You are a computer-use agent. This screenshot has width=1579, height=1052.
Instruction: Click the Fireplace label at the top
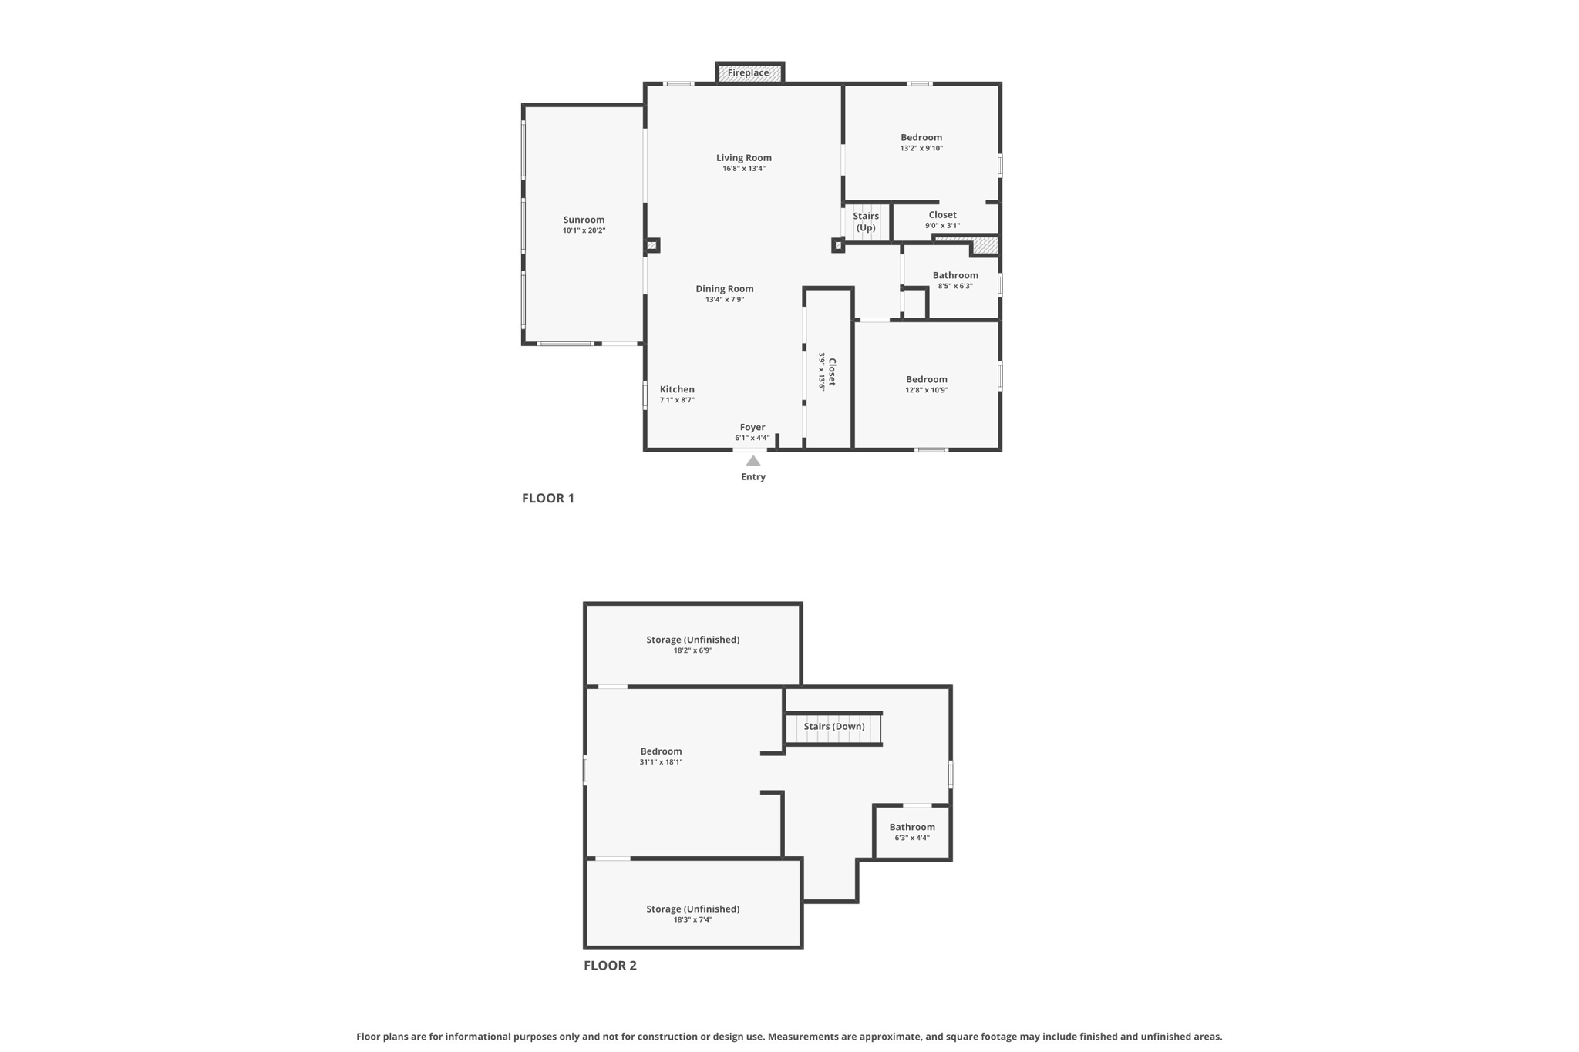[748, 73]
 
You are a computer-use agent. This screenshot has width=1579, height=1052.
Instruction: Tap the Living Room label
[743, 158]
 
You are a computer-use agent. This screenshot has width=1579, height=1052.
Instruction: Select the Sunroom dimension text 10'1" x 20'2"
[584, 230]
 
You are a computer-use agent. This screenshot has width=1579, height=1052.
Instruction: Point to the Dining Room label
[724, 289]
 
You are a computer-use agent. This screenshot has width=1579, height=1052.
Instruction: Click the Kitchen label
[677, 389]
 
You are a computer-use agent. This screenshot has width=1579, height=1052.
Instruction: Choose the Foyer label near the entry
[752, 427]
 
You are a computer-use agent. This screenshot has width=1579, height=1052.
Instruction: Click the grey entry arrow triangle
[753, 461]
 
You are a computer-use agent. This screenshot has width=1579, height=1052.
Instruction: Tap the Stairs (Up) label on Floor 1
[866, 221]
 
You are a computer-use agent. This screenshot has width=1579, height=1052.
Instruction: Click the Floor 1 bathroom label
[954, 276]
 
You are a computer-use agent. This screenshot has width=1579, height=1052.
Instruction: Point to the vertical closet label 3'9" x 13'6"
[827, 371]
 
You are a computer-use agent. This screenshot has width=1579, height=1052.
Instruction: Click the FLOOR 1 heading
[547, 498]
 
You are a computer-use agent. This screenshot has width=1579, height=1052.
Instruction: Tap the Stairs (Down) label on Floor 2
[833, 726]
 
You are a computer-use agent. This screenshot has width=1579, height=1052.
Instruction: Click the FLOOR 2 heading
[610, 965]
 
